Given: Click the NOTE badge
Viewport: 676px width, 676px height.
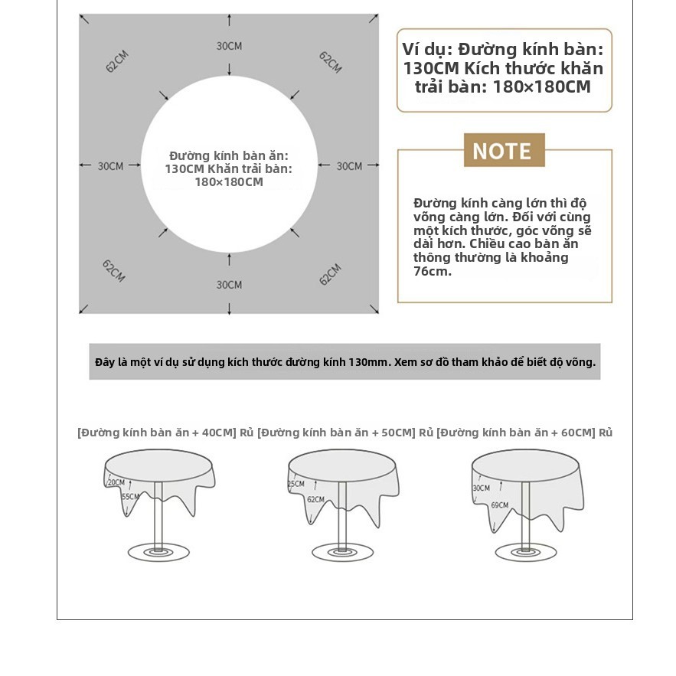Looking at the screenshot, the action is pyautogui.click(x=504, y=150).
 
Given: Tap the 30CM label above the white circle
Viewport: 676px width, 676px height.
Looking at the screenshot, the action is pyautogui.click(x=229, y=46).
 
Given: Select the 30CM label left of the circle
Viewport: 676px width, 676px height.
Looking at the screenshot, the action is pyautogui.click(x=110, y=166).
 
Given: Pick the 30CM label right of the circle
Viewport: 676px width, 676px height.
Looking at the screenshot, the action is pyautogui.click(x=349, y=166).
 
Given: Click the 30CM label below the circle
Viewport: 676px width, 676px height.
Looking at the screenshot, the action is pyautogui.click(x=229, y=285).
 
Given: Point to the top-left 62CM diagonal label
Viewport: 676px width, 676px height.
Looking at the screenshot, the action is pyautogui.click(x=117, y=61).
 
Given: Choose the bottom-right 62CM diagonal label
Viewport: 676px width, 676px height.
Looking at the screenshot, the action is pyautogui.click(x=330, y=274).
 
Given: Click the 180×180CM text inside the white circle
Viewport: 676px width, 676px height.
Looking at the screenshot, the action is pyautogui.click(x=229, y=182).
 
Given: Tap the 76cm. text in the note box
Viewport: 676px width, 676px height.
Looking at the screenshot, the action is pyautogui.click(x=433, y=271).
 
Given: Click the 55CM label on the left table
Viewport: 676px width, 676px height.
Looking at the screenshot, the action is pyautogui.click(x=130, y=497).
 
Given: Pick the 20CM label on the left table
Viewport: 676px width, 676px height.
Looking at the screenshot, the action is pyautogui.click(x=116, y=482).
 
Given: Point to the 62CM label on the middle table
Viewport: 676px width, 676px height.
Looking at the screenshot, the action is pyautogui.click(x=315, y=499).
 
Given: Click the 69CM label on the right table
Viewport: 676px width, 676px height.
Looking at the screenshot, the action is pyautogui.click(x=500, y=505).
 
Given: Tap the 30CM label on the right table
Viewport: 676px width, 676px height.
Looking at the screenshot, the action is pyautogui.click(x=482, y=488).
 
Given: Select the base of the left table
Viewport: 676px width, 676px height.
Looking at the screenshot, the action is pyautogui.click(x=158, y=552).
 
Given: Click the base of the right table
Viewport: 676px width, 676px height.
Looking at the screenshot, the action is pyautogui.click(x=526, y=552).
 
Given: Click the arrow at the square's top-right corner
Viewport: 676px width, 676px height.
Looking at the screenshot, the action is pyautogui.click(x=374, y=18).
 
